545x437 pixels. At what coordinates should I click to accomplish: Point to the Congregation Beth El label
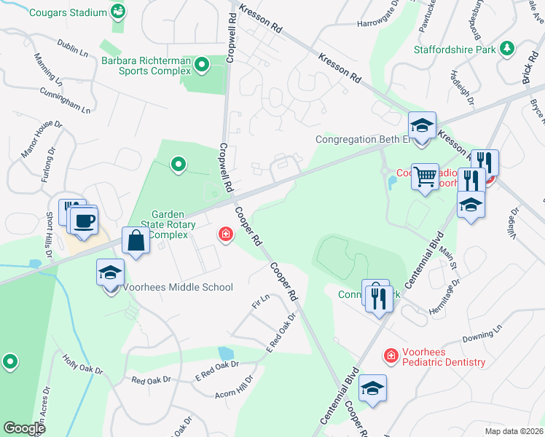click(x=360, y=139)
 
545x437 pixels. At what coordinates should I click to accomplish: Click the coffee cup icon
click(x=85, y=219)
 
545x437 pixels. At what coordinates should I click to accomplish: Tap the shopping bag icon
click(x=136, y=239)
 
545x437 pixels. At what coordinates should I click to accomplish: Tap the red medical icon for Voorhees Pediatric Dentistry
click(x=391, y=355)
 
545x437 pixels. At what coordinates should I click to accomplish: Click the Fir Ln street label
click(x=260, y=300)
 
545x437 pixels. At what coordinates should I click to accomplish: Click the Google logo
click(x=24, y=428)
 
